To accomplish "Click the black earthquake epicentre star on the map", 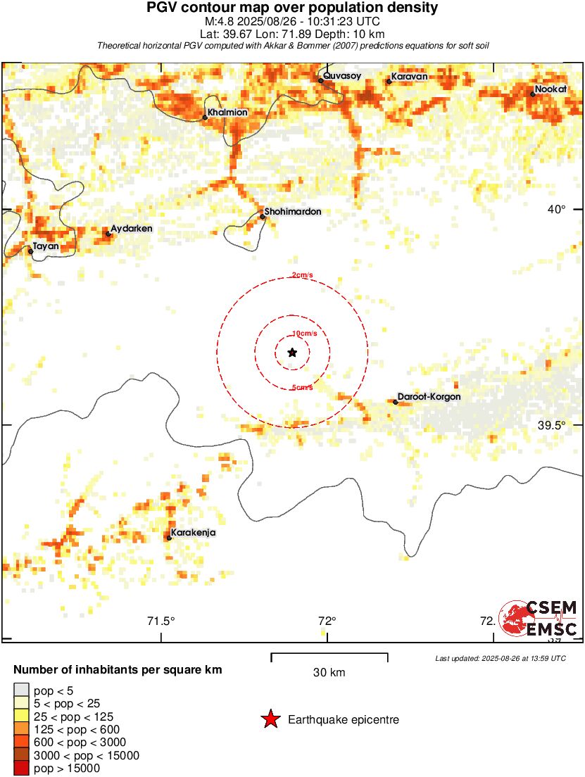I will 292,352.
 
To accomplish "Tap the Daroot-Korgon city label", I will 429,397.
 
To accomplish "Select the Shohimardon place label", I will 292,211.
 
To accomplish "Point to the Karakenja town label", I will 194,533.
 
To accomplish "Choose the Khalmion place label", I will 227,112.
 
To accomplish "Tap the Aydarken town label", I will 132,229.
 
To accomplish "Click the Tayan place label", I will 46,246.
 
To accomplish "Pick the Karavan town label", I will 409,77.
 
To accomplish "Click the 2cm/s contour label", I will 303,275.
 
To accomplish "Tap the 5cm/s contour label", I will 302,387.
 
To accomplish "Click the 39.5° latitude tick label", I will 551,425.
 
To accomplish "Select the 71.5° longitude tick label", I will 161,621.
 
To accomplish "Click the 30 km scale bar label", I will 329,672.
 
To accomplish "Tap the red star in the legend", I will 270,719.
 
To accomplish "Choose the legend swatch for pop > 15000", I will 21,769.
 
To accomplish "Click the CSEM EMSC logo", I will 539,619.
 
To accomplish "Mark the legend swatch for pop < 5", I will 21,690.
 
